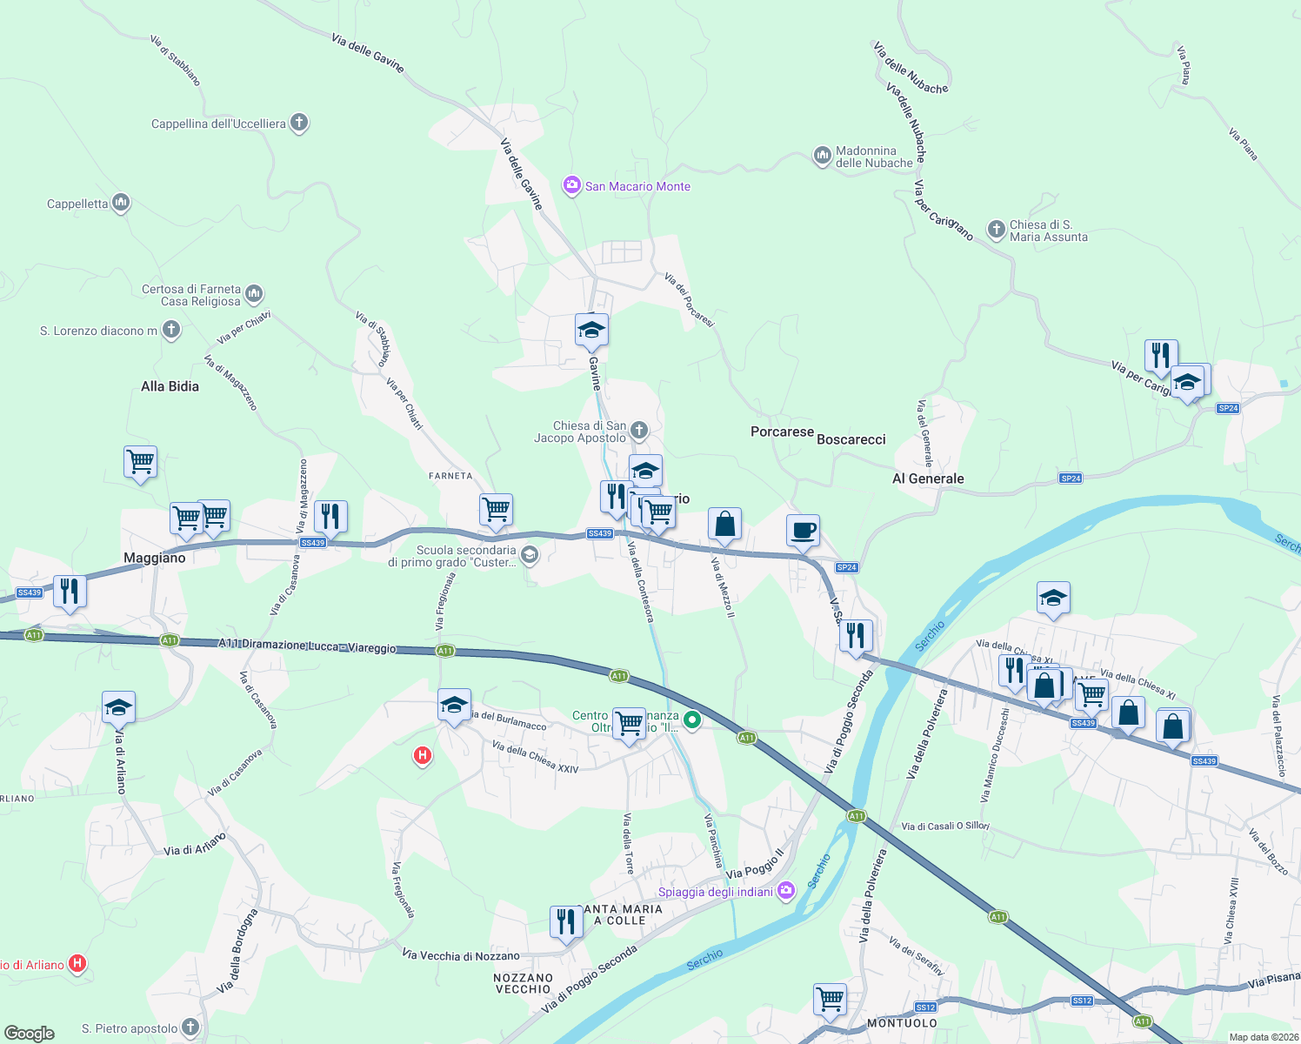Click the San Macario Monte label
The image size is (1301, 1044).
pyautogui.click(x=637, y=186)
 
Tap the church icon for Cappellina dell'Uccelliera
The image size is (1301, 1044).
pyautogui.click(x=299, y=123)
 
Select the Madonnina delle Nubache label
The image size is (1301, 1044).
pyautogui.click(x=874, y=157)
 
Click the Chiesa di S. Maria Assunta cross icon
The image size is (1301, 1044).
pyautogui.click(x=996, y=230)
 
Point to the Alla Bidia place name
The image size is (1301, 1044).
pyautogui.click(x=170, y=386)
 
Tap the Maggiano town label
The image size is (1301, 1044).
pyautogui.click(x=155, y=558)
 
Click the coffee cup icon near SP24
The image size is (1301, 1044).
pyautogui.click(x=803, y=530)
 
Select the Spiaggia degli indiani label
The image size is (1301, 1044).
pyautogui.click(x=715, y=892)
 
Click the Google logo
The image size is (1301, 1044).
pyautogui.click(x=30, y=1033)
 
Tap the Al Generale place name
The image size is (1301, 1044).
pyautogui.click(x=928, y=478)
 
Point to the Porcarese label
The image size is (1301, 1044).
pyautogui.click(x=782, y=432)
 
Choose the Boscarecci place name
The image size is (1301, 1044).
pyautogui.click(x=851, y=439)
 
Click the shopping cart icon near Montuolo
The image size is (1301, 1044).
pyautogui.click(x=831, y=998)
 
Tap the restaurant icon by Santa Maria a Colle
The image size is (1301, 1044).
pyautogui.click(x=566, y=920)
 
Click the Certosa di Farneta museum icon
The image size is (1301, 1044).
pyautogui.click(x=254, y=293)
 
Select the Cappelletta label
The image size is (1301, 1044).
pyautogui.click(x=77, y=204)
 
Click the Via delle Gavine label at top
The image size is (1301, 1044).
pyautogui.click(x=368, y=52)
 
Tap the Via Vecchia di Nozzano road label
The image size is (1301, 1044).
pyautogui.click(x=461, y=955)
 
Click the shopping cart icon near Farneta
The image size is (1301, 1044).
pyautogui.click(x=496, y=509)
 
